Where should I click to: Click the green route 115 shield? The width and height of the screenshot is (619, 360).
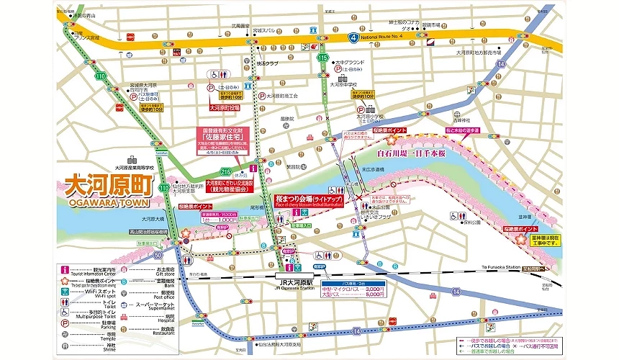click(323, 58)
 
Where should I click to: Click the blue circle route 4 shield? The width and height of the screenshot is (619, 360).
click(353, 35)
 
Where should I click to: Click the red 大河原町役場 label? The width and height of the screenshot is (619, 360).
click(223, 107)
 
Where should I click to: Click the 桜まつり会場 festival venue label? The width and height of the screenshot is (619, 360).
click(307, 199)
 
